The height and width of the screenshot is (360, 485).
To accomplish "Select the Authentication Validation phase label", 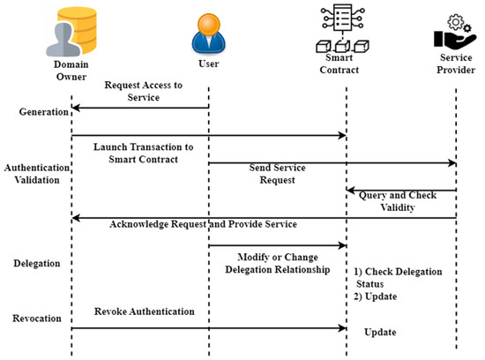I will coord(32,172).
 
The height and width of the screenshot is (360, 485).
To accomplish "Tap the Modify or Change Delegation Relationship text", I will coord(278,262).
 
